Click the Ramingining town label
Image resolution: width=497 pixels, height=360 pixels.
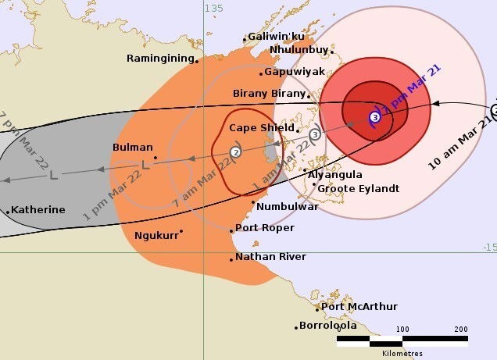coord(160,58)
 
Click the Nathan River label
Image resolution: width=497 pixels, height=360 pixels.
coord(270,256)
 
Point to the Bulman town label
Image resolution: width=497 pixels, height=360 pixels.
coord(132,146)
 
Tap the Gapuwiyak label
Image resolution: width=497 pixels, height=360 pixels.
coord(294,71)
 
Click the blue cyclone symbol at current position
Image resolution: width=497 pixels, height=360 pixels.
coord(375,117)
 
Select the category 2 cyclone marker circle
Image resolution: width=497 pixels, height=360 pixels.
coord(235,151)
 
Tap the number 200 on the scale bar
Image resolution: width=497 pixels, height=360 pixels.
coord(460,329)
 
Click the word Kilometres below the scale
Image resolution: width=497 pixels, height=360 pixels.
coord(402,353)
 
